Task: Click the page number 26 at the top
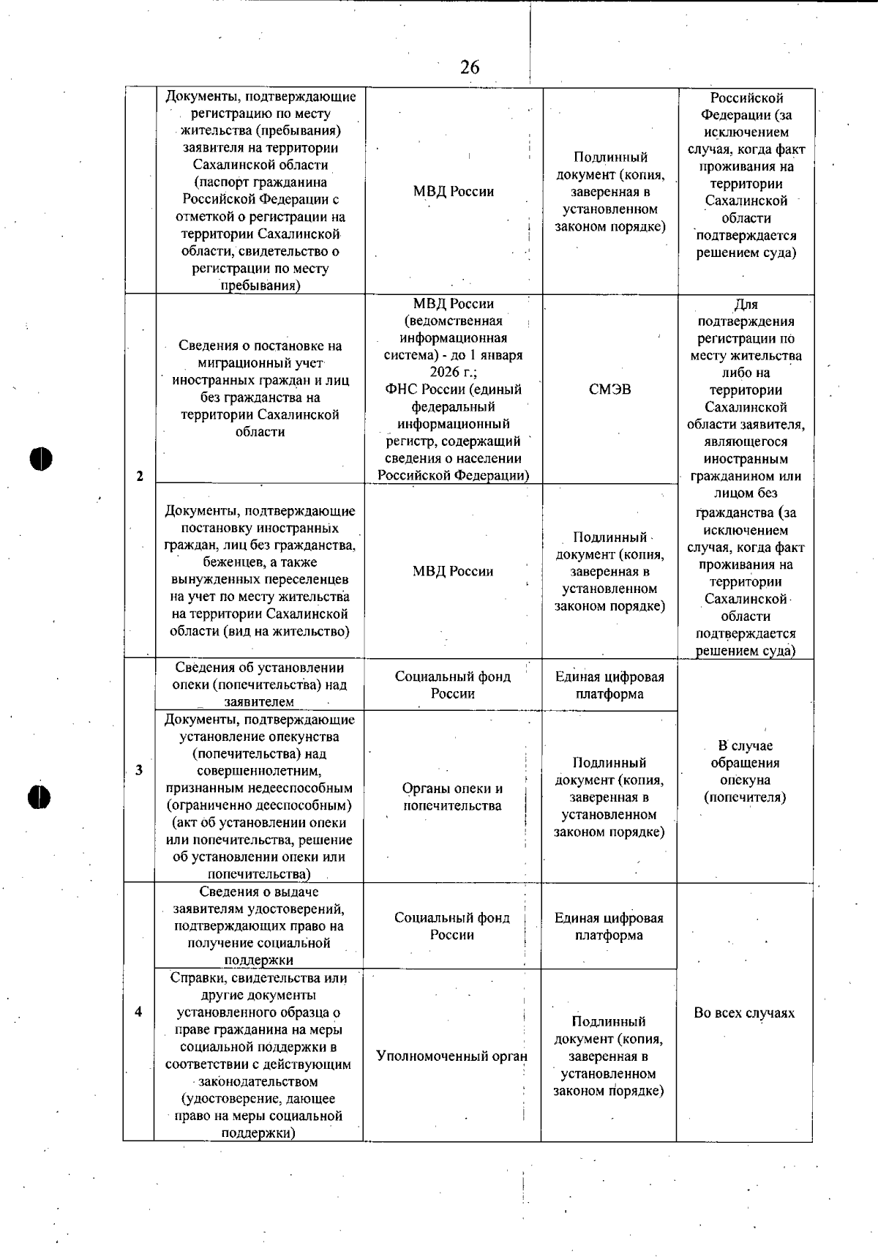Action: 470,67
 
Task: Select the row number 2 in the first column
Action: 140,477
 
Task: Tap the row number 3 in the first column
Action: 139,770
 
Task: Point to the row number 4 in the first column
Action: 138,1012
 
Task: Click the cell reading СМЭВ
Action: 609,389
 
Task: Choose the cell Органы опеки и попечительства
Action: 452,797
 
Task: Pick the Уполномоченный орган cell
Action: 451,1056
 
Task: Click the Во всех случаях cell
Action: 744,1013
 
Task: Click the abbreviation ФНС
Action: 401,389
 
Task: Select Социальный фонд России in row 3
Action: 453,685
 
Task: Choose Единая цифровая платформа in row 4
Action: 609,927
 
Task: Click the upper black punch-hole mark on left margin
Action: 42,458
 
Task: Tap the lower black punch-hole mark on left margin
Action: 40,797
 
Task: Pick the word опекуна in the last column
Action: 745,780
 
